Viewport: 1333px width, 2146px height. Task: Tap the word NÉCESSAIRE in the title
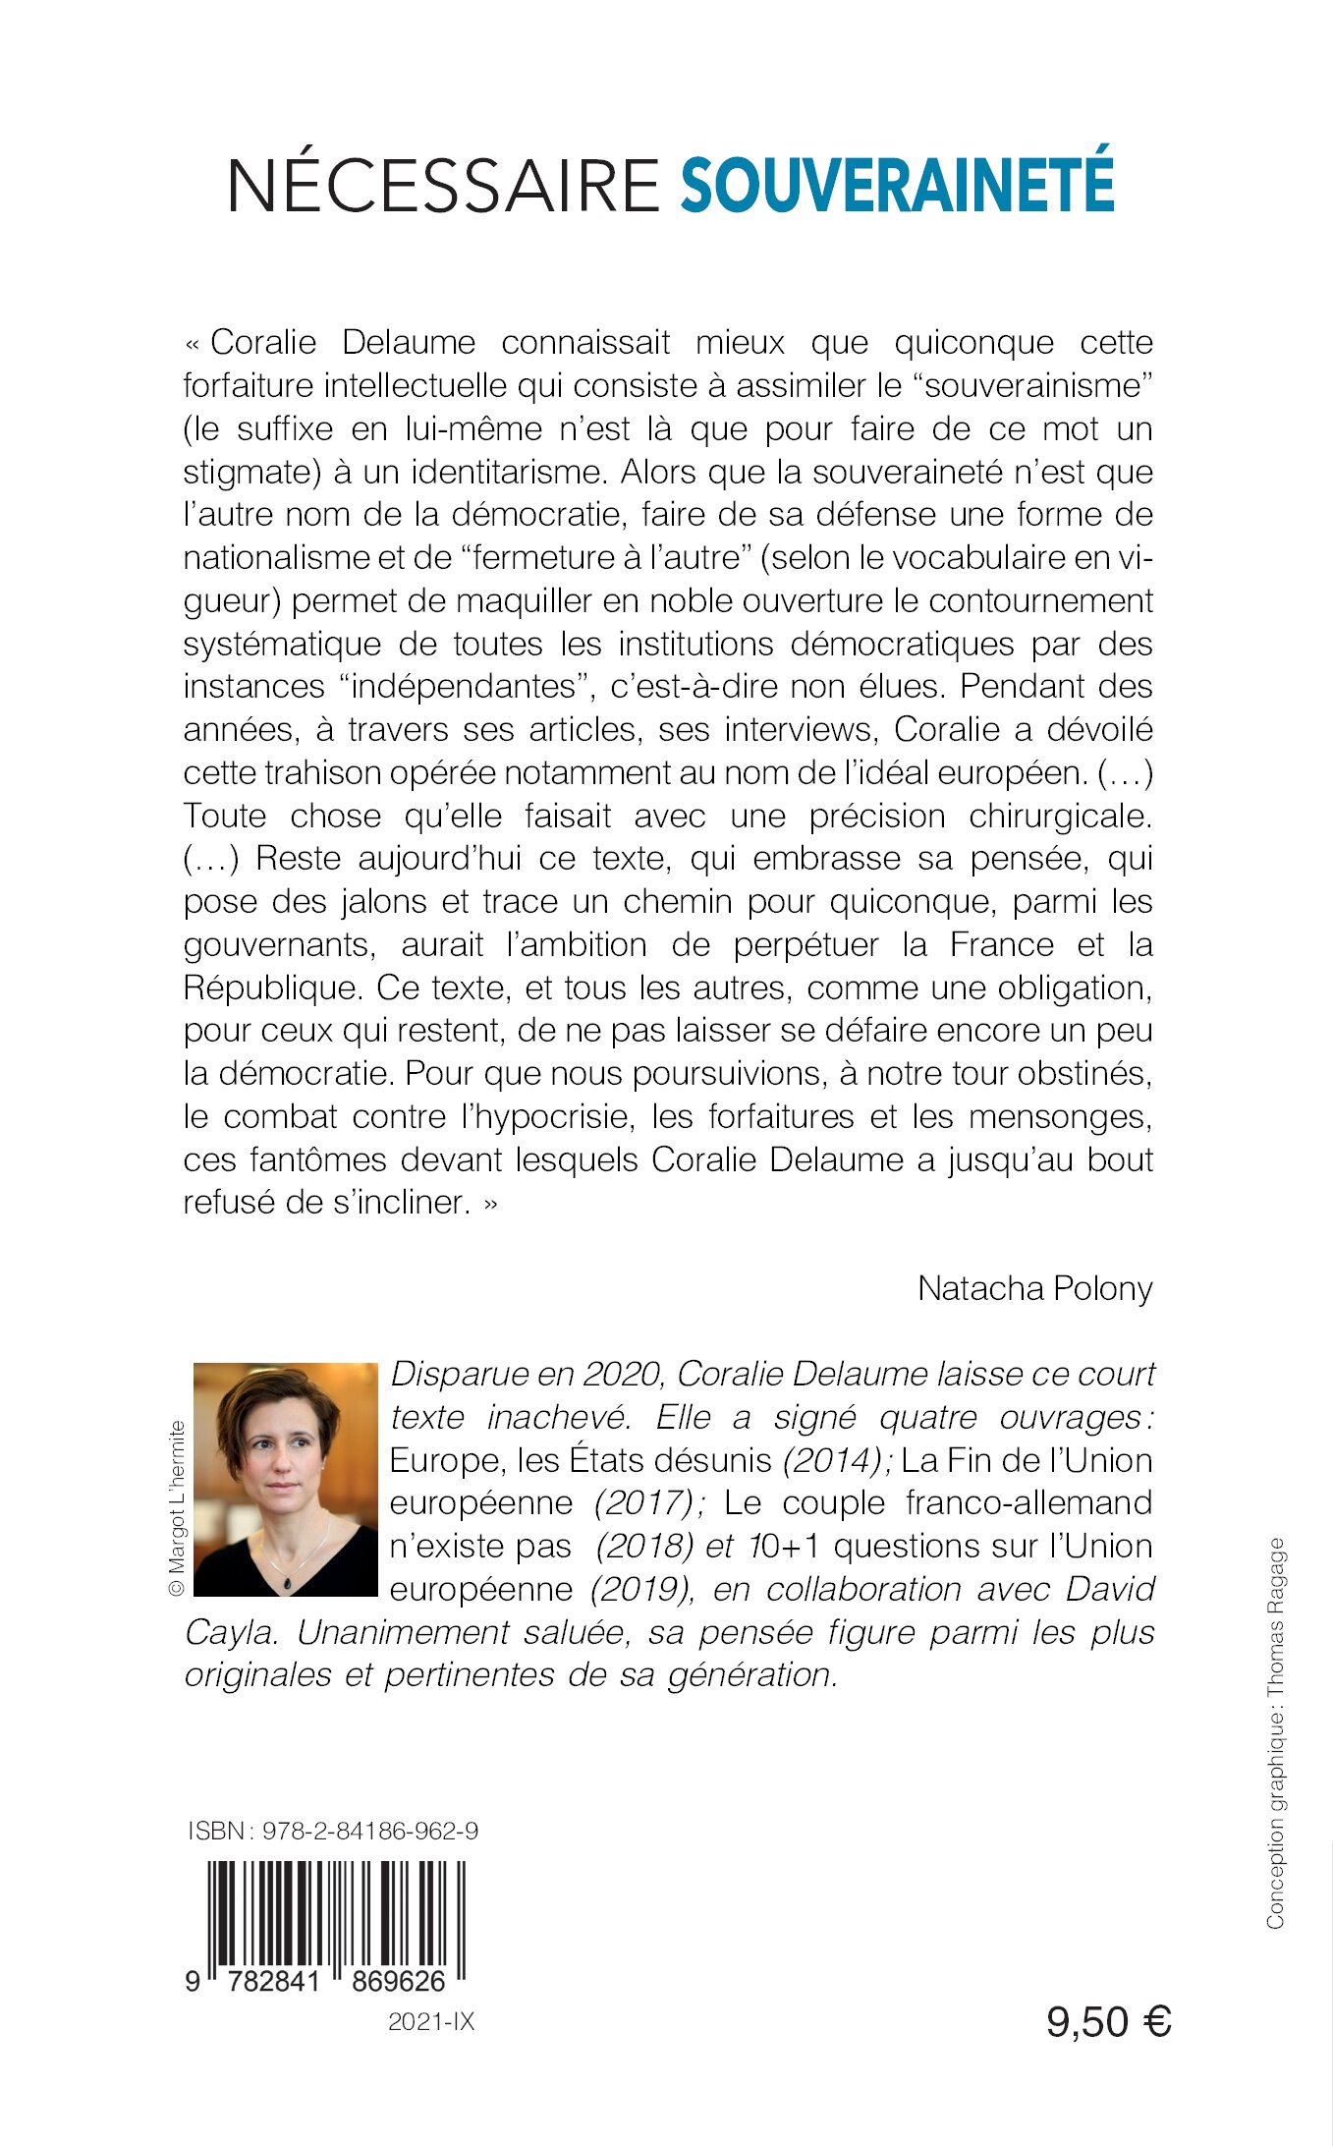443,184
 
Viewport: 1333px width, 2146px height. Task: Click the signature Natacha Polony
1034,1288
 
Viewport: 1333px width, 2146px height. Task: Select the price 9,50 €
1108,2021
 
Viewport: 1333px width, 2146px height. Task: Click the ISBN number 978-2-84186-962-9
370,1831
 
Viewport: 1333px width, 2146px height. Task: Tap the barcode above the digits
336,1917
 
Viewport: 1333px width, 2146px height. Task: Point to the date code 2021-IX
431,2021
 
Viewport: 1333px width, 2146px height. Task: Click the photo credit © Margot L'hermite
176,1509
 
